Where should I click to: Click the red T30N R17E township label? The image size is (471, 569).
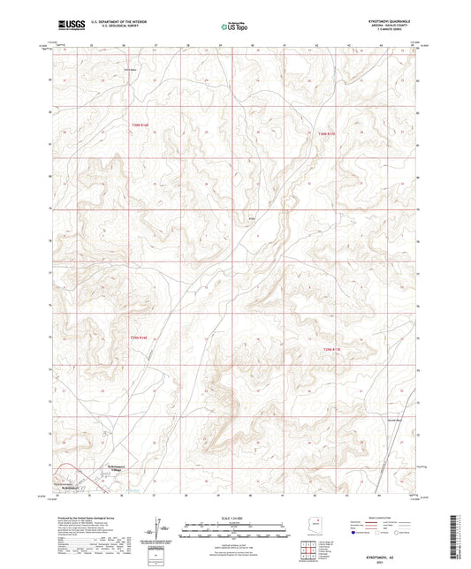[x=326, y=133]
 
